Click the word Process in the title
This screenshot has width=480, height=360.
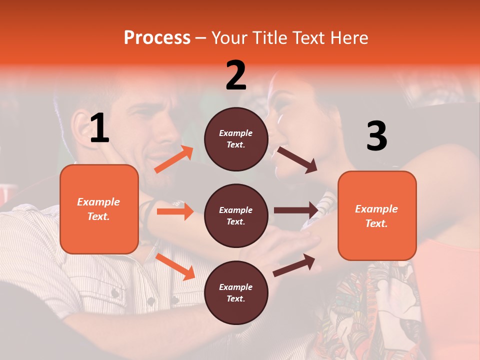pos(157,37)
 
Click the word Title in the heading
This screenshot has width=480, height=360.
pos(268,37)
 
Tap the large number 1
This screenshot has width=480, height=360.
pos(99,128)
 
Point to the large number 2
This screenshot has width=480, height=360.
pos(236,75)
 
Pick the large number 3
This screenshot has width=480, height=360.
pos(376,136)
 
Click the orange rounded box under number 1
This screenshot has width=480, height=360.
pos(99,209)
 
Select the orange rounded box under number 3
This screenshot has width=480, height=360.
pos(377,215)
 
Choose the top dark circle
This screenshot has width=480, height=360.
pos(236,138)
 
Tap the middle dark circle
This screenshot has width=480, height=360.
pos(236,215)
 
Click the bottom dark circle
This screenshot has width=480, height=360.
pos(236,292)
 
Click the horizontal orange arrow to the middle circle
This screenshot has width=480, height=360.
pos(175,211)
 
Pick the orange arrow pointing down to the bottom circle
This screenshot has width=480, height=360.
pos(175,266)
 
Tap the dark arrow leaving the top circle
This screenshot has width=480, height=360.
pos(297,159)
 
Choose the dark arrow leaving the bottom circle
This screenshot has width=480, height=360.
pos(294,265)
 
